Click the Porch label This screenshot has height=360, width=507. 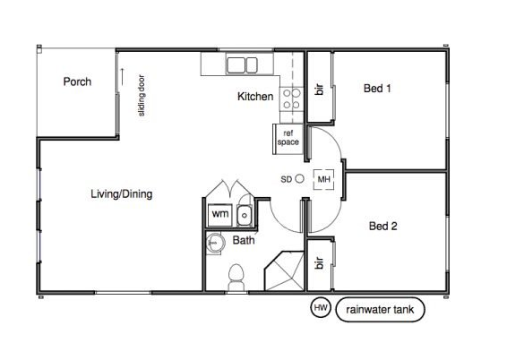[x=77, y=81]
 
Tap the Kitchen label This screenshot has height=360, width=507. [x=255, y=97]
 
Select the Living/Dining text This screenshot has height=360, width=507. [x=122, y=194]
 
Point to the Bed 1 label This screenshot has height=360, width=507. [x=377, y=89]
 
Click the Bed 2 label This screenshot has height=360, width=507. [x=382, y=226]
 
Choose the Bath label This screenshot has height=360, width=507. [x=244, y=240]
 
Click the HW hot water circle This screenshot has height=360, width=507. [x=321, y=308]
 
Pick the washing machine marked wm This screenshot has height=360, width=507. [x=219, y=215]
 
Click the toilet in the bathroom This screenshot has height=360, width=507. [x=236, y=278]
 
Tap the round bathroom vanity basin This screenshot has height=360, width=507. [x=215, y=243]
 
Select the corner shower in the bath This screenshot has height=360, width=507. [x=285, y=270]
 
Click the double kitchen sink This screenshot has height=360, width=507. [x=242, y=65]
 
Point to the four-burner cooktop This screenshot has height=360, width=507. [x=292, y=99]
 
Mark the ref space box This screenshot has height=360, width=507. [x=288, y=139]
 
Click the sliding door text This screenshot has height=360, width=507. [x=142, y=95]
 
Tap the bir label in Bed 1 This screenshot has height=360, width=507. [x=319, y=90]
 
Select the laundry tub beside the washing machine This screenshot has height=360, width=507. [x=245, y=215]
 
